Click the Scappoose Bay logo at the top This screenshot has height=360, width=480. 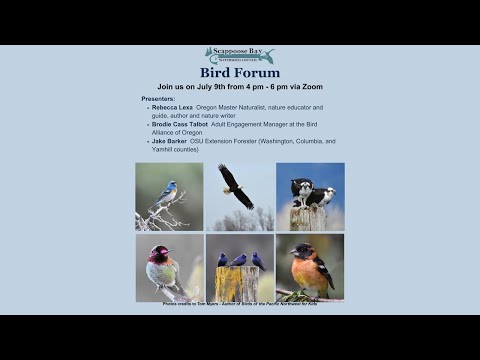239,56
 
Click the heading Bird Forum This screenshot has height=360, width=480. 240,73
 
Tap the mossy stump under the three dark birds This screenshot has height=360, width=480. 238,284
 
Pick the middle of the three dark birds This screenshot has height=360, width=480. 239,260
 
